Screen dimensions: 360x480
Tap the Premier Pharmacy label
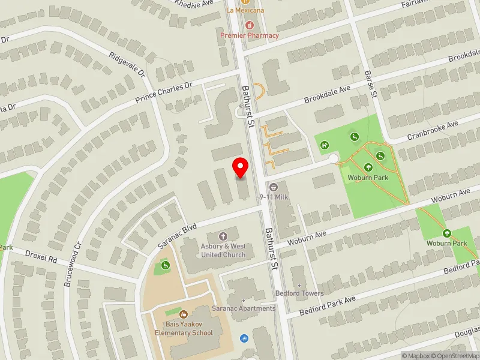250,35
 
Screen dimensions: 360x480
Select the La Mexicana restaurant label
245,10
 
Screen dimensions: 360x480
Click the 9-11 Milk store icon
274,187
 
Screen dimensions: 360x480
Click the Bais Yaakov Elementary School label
184,329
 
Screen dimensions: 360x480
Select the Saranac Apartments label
244,308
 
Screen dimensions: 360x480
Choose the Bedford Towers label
299,293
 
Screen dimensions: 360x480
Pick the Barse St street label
370,83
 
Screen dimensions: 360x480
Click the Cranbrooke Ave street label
432,130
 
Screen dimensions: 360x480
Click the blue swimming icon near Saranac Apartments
244,338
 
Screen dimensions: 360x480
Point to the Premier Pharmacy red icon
250,25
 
